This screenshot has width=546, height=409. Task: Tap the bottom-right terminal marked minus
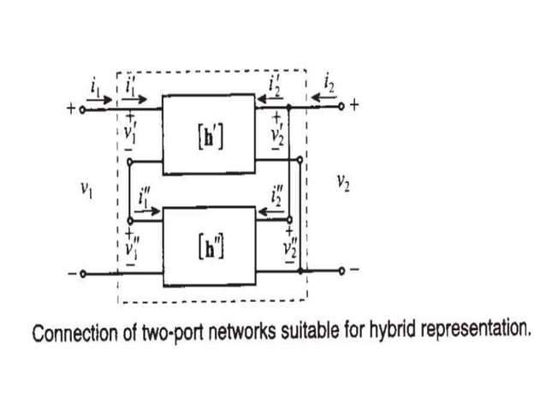[342, 271]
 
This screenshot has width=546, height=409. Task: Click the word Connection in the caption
[71, 331]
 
